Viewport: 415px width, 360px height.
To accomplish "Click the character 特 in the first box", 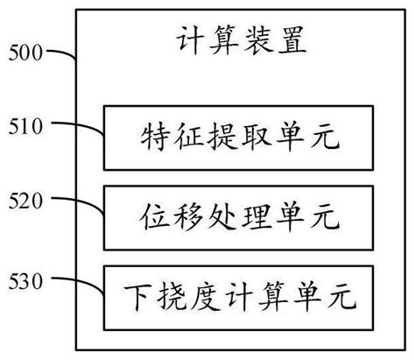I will tap(155, 138).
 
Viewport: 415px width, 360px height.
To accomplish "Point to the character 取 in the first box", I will tap(250, 138).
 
